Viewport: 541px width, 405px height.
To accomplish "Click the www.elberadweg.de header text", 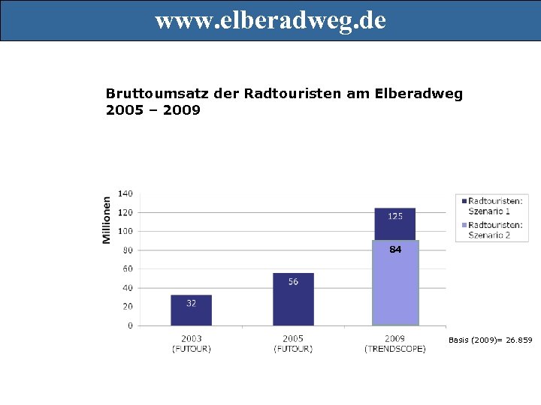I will pos(270,20).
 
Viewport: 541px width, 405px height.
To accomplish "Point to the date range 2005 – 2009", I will pos(153,110).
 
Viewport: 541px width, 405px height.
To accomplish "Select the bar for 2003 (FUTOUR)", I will pos(191,310).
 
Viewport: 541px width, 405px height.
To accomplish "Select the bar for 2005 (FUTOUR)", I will pos(293,300).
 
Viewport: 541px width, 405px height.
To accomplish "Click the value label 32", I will pos(192,304).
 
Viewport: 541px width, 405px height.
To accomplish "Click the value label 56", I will pos(293,282).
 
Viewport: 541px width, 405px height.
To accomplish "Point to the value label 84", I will pos(395,250).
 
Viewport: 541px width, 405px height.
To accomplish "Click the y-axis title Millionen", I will pos(107,219).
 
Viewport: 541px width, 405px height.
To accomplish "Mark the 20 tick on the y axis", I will pos(127,307).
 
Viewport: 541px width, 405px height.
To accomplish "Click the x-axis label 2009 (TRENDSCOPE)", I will pos(395,343).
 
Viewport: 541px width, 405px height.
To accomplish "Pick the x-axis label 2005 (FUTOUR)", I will pos(293,343).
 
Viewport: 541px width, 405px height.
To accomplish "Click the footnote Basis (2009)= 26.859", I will pos(490,340).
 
